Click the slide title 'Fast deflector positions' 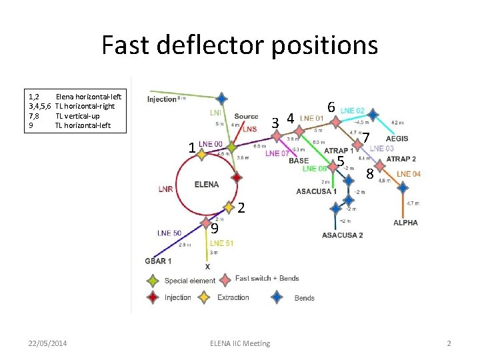239,45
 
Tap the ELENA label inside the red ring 206,184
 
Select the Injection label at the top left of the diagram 162,99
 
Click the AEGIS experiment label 397,138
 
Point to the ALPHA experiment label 405,222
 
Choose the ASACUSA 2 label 342,235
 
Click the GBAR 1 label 158,261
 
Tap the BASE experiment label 299,161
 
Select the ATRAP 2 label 401,159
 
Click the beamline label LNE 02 352,110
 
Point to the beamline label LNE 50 169,233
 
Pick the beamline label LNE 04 409,174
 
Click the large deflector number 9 214,228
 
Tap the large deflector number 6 331,107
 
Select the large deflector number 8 370,174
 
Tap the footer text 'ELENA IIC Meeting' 240,343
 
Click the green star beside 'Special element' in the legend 153,281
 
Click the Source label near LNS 246,116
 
